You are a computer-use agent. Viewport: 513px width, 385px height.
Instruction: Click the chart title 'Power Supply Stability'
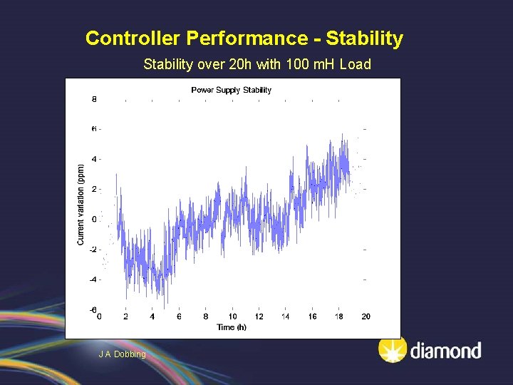231,90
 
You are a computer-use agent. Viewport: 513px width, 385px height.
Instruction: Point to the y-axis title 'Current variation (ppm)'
81,205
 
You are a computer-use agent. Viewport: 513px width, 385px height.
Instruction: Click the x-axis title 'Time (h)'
232,327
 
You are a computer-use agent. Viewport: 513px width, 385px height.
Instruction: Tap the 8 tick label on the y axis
94,99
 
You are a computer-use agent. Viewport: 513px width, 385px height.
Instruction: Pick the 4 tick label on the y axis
94,159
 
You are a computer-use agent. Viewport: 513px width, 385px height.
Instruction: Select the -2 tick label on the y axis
93,250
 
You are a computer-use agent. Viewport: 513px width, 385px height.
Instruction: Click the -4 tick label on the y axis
93,279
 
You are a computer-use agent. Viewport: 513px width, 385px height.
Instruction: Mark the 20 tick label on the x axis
366,317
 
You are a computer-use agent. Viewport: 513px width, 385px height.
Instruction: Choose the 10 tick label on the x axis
232,317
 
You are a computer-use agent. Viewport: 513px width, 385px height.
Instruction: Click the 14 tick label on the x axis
286,317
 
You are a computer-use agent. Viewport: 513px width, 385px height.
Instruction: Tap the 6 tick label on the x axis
179,317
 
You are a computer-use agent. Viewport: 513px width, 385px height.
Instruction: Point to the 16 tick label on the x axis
312,317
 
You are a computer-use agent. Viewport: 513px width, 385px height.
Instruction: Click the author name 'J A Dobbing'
122,354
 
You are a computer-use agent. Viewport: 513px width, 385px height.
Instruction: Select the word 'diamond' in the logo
445,351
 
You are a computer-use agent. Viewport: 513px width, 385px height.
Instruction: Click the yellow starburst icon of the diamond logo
392,349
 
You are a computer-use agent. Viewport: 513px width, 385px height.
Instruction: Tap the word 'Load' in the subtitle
355,65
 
